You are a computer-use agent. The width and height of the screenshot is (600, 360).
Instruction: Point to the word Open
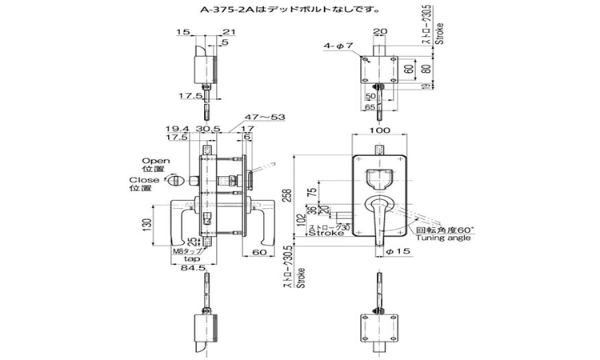pos(154,159)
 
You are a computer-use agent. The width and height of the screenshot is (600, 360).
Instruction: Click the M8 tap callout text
pos(186,250)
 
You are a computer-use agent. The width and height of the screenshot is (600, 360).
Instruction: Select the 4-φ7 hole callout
pos(338,46)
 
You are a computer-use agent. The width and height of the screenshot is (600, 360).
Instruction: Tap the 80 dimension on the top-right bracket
pos(425,67)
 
